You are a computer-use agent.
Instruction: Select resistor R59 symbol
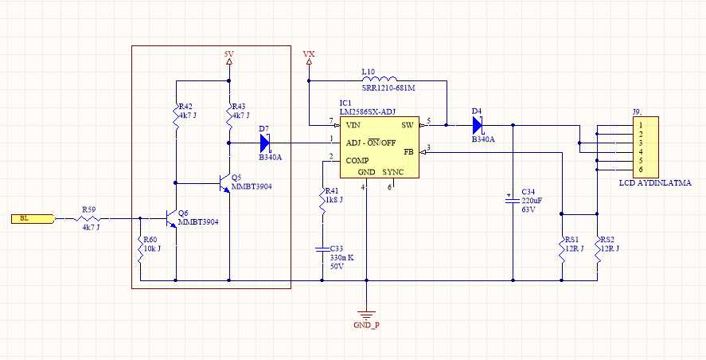[89, 218]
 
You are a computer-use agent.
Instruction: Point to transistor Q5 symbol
[224, 182]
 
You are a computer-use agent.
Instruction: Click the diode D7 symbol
[265, 143]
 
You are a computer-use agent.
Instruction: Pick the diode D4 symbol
[478, 124]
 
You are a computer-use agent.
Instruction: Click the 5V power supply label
[229, 54]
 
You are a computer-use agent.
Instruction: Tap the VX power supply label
[309, 54]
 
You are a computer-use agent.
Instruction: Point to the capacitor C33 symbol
[322, 249]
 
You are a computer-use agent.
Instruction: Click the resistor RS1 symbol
[562, 244]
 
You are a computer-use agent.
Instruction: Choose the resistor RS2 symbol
[597, 244]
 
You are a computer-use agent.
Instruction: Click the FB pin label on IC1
[408, 151]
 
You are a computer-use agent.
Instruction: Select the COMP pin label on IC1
[357, 160]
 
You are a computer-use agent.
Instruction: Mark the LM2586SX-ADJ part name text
[367, 112]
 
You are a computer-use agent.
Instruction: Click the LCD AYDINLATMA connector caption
[655, 183]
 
